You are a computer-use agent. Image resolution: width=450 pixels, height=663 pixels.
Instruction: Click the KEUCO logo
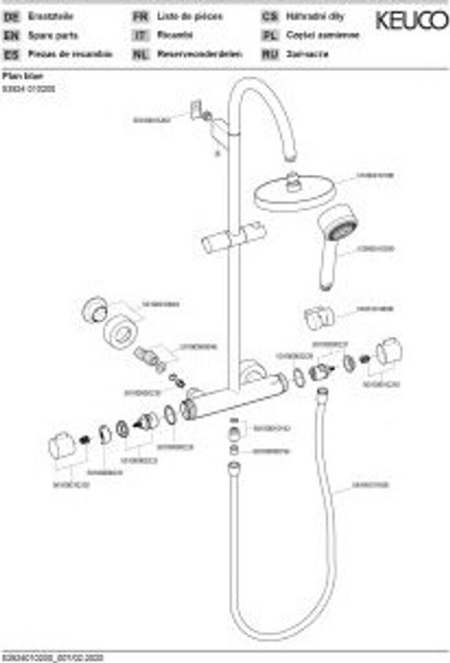click(411, 21)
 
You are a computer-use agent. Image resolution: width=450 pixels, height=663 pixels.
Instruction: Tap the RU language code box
click(270, 54)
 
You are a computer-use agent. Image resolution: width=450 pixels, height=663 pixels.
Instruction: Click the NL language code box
click(140, 54)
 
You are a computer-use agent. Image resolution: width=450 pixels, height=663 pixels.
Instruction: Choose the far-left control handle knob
click(62, 445)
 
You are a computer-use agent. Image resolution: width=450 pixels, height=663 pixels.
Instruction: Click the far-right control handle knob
click(389, 352)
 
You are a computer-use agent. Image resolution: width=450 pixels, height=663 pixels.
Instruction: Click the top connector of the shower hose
click(321, 393)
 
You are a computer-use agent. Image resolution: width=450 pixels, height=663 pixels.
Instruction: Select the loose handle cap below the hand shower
click(319, 317)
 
